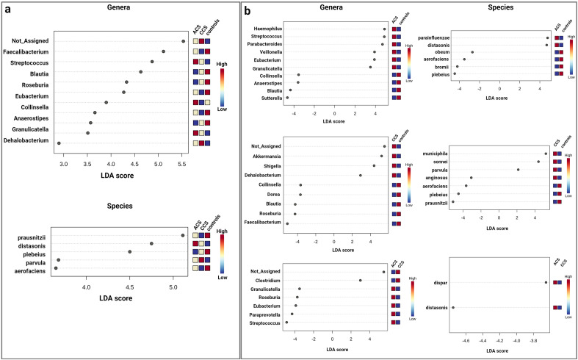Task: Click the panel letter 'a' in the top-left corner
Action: pyautogui.click(x=6, y=10)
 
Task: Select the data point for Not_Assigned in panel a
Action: pyautogui.click(x=183, y=41)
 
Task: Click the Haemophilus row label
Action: pyautogui.click(x=273, y=29)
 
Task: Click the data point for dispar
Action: pyautogui.click(x=546, y=282)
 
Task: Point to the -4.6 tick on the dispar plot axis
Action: pyautogui.click(x=466, y=340)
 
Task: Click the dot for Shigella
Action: pyautogui.click(x=374, y=166)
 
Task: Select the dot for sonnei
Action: pyautogui.click(x=538, y=162)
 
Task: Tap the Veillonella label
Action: pyautogui.click(x=276, y=52)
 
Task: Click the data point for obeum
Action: pyautogui.click(x=472, y=52)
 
